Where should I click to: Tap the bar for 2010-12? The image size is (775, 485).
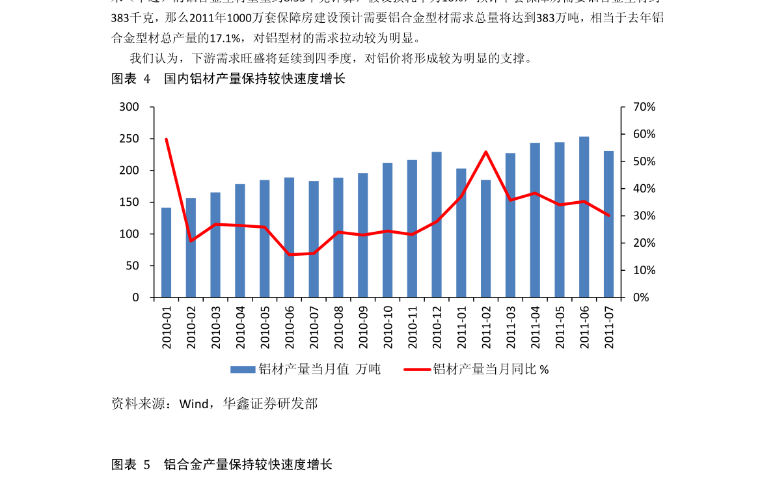(437, 225)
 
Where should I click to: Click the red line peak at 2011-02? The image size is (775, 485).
(486, 152)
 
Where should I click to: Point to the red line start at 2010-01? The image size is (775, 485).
(167, 139)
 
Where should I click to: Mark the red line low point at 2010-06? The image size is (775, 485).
(289, 255)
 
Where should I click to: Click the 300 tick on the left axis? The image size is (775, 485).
(129, 107)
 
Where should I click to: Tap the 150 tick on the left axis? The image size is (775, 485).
(129, 202)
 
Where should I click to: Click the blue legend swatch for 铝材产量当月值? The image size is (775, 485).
(242, 370)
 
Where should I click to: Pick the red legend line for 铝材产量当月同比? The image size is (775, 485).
(417, 370)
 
